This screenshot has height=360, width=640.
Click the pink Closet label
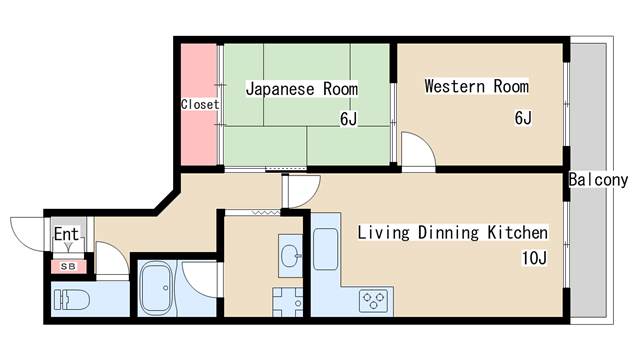[200, 103]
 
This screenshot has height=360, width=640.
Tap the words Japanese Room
[301, 88]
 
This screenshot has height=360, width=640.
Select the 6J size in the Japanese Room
[348, 120]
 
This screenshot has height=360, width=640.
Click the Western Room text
[476, 86]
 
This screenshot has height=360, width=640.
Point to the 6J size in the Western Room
[523, 118]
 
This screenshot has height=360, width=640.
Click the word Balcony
[598, 180]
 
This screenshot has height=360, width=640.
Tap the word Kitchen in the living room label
[518, 233]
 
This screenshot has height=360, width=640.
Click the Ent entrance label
[66, 235]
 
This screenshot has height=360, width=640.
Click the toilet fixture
[72, 299]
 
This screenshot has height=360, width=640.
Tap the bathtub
[159, 290]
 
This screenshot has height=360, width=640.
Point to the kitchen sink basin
[327, 250]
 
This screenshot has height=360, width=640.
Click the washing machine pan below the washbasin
[287, 299]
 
